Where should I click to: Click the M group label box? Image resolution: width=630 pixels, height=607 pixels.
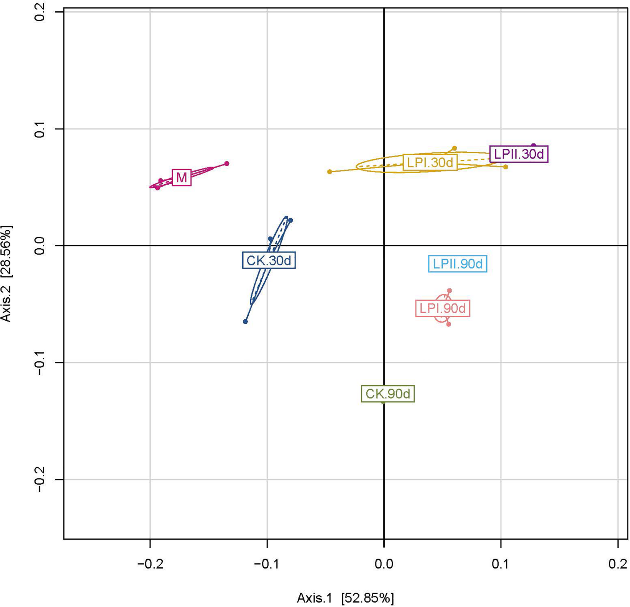tap(182, 177)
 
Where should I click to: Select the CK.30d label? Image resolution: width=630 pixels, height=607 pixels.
tap(268, 260)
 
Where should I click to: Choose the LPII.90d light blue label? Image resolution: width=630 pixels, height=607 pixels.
tap(458, 264)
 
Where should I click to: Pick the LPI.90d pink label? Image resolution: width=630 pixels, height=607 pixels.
tap(443, 309)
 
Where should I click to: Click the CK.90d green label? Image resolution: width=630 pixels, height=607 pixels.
tap(388, 394)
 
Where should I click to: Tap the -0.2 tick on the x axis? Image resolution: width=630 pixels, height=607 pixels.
tap(150, 564)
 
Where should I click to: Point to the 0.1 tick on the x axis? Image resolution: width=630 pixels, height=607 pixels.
tap(501, 564)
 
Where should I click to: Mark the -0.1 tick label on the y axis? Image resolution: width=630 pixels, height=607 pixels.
tap(40, 363)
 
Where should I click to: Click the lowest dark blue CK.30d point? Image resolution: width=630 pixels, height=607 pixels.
tap(245, 322)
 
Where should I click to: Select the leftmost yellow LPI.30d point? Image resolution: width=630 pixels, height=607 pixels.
tap(329, 172)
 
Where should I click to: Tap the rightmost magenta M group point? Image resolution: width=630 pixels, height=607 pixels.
tap(227, 163)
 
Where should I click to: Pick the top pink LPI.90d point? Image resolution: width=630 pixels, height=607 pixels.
tap(449, 290)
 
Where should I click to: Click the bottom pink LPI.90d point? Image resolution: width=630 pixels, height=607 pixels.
tap(449, 324)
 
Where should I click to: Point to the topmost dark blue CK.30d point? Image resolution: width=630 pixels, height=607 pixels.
tap(290, 220)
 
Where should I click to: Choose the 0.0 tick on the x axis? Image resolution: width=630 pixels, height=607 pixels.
tap(384, 564)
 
